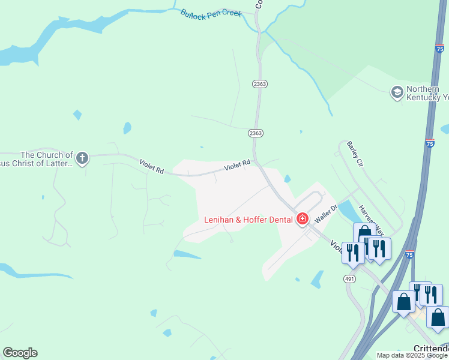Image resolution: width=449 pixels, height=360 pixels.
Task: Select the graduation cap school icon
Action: [x=396, y=92]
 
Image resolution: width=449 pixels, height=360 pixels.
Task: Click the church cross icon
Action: [x=82, y=158]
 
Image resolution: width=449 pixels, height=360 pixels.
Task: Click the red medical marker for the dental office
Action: [x=302, y=218]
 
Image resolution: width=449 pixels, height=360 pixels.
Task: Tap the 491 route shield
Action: [x=349, y=279]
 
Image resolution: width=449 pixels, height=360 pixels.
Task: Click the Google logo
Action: [x=20, y=353]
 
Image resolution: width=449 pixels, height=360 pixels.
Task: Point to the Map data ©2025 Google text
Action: [x=412, y=355]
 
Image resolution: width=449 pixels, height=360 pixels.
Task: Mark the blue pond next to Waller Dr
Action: [x=347, y=210]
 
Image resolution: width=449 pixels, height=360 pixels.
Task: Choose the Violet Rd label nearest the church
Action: [x=151, y=166]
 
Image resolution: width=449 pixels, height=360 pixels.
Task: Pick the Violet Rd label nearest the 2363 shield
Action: [x=237, y=164]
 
